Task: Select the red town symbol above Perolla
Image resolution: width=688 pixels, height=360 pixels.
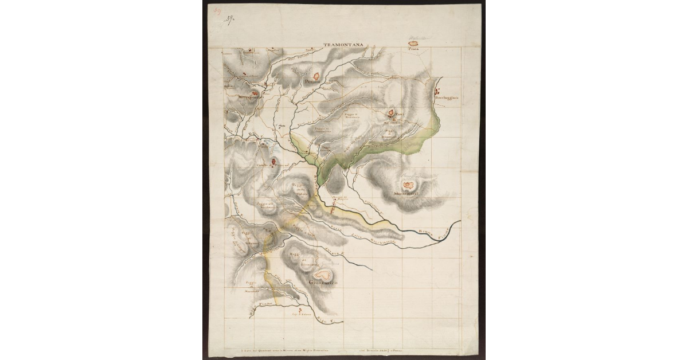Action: [x=316, y=75]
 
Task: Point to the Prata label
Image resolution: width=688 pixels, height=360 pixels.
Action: [x=414, y=49]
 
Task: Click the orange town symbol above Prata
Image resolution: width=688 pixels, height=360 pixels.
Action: [x=413, y=43]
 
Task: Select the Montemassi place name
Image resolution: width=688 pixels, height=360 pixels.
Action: [x=408, y=194]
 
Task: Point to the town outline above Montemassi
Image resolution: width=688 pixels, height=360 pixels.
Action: [x=409, y=185]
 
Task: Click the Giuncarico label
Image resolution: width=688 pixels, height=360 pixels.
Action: [x=324, y=283]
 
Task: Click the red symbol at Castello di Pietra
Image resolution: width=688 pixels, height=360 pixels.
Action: [x=273, y=161]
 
